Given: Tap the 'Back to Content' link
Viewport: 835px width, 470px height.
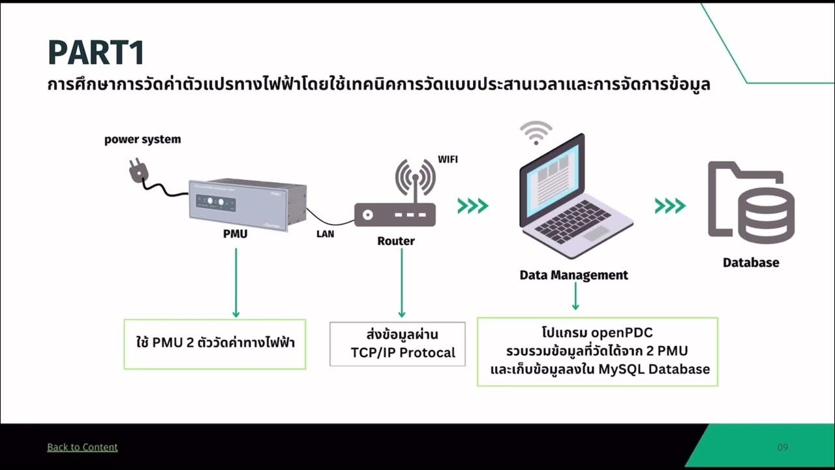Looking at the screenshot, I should click(x=82, y=447).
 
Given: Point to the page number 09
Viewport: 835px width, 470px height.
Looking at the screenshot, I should click(x=783, y=447).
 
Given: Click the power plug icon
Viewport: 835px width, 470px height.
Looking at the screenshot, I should click(x=138, y=172).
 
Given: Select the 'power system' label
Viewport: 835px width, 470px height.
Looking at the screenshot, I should click(x=142, y=140).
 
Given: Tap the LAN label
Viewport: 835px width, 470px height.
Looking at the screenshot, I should click(x=325, y=234).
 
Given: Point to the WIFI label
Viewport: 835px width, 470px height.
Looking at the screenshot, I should click(x=448, y=159).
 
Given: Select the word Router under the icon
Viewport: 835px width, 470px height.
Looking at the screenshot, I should click(x=395, y=241).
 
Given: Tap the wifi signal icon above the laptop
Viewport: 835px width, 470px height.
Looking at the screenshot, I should click(x=536, y=133).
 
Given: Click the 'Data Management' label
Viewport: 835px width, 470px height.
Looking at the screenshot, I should click(x=573, y=275).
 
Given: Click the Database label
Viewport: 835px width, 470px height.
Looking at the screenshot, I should click(x=750, y=262).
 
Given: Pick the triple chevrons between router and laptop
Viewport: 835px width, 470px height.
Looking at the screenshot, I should click(x=473, y=206).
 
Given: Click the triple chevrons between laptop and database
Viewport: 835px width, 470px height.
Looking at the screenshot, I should click(x=670, y=206).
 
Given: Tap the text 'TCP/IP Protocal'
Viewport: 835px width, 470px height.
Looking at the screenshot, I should click(x=402, y=353).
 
